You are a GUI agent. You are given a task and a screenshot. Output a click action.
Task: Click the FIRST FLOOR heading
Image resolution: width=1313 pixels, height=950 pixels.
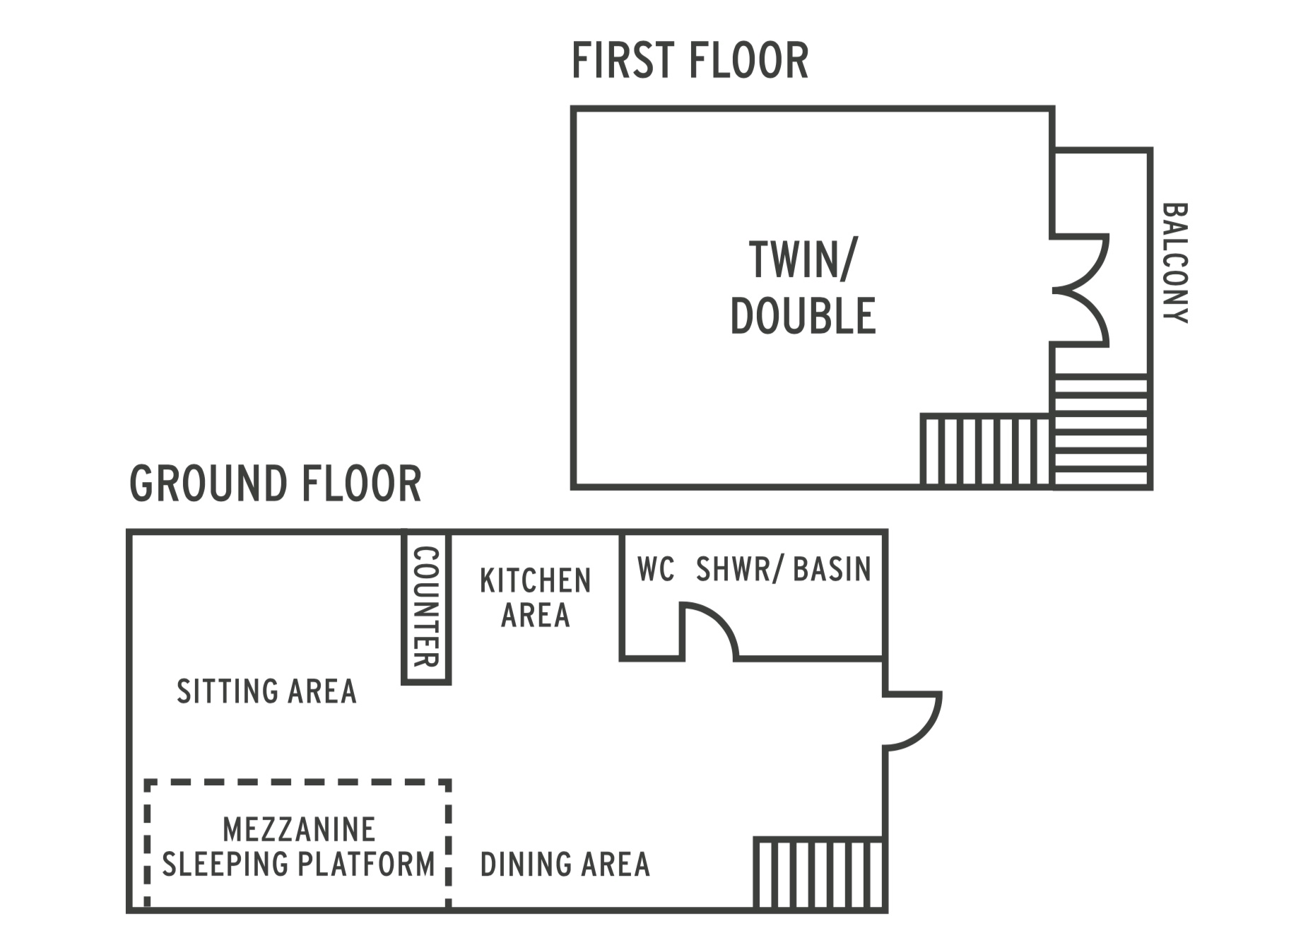click(x=690, y=61)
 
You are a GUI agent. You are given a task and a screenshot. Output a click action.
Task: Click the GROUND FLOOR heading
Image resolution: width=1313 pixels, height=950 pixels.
click(x=276, y=484)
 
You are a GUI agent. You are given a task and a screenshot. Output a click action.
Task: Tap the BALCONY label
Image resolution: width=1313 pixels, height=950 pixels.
click(x=1175, y=263)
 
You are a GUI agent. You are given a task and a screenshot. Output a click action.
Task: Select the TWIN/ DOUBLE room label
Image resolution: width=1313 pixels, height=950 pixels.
click(x=803, y=288)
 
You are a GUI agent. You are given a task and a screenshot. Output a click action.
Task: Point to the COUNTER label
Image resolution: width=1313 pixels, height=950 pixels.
click(x=426, y=607)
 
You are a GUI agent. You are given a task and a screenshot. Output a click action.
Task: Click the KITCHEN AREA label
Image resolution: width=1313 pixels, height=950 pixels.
click(x=536, y=598)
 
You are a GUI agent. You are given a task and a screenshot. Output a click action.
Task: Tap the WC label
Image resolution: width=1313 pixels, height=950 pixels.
click(x=656, y=570)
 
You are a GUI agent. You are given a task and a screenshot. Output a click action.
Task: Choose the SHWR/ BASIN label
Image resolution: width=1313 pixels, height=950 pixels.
click(x=784, y=570)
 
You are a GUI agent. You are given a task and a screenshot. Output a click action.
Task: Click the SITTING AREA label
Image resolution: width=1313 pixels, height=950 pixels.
click(x=266, y=691)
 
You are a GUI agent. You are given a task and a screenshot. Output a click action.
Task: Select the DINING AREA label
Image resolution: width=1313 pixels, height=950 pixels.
click(x=565, y=864)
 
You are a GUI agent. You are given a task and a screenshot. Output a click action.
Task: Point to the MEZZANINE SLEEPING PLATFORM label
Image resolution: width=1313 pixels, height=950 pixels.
click(x=298, y=847)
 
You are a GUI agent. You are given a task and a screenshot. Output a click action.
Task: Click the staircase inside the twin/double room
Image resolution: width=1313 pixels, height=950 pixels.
click(x=987, y=450)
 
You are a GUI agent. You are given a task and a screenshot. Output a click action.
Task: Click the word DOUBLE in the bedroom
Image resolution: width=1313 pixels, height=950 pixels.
click(x=803, y=316)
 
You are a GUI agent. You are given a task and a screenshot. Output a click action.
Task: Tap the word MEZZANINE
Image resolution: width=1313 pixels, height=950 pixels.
click(x=299, y=830)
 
